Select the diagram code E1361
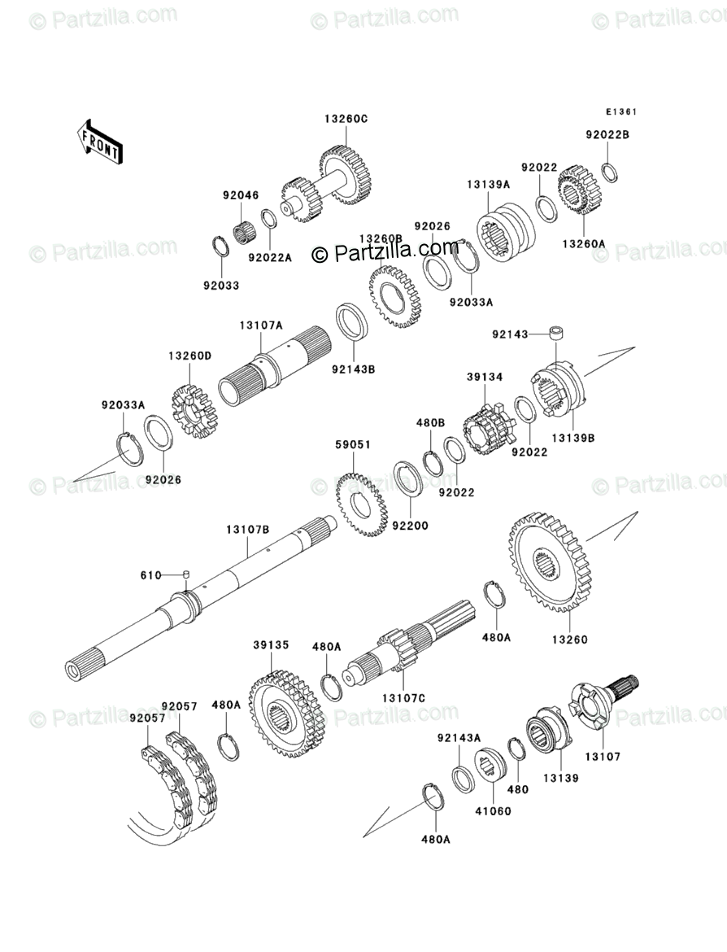click(620, 113)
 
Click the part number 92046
click(241, 195)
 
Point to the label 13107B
click(247, 530)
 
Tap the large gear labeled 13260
click(550, 563)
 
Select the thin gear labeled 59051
click(361, 507)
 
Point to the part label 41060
click(495, 810)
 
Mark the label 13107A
click(260, 325)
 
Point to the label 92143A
click(459, 738)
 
